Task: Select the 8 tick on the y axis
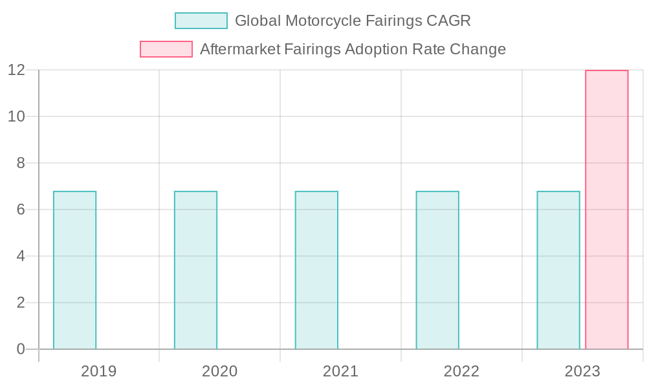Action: pos(20,163)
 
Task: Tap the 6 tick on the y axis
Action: pos(20,210)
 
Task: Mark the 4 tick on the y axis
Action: pos(20,256)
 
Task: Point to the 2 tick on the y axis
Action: pos(20,303)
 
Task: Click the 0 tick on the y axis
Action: pos(20,349)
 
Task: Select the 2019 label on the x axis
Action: pos(98,371)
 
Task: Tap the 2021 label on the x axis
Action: pos(340,371)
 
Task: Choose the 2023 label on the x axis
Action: pos(582,371)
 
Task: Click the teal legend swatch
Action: pos(201,21)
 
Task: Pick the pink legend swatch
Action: pos(166,49)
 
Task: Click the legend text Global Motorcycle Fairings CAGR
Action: pos(353,21)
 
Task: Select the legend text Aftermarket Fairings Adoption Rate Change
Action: pos(353,49)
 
